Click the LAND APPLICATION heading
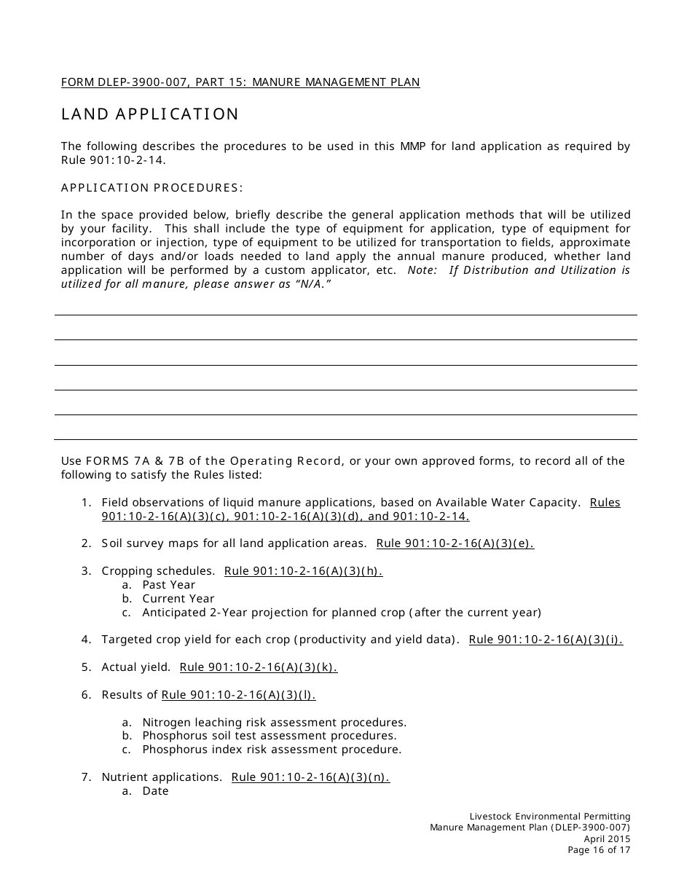150,114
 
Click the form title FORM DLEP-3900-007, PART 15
240,82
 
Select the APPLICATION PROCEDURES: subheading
152,188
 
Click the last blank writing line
346,439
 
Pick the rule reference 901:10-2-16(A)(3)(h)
303,571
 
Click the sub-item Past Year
168,585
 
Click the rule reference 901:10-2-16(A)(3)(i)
546,640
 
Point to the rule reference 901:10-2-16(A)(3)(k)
258,667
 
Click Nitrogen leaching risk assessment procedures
274,723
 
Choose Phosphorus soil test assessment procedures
269,736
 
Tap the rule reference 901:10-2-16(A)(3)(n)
310,777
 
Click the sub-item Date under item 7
155,791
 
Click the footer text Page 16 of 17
599,850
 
